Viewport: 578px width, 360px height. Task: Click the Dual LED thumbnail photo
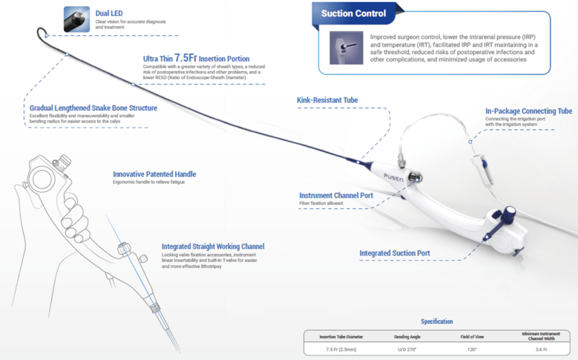(x=77, y=19)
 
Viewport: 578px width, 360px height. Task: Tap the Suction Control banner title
(x=353, y=13)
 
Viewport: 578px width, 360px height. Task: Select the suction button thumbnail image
(x=346, y=48)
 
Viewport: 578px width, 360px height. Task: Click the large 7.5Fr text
(x=186, y=58)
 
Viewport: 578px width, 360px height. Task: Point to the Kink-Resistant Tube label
(x=327, y=100)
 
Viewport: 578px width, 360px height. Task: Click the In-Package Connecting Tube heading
(x=529, y=111)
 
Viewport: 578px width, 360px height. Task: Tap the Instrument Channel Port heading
(x=336, y=195)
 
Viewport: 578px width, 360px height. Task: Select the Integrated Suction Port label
(x=394, y=253)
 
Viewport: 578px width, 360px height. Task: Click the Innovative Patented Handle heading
(x=154, y=174)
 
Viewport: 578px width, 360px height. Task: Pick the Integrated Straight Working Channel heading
(x=213, y=246)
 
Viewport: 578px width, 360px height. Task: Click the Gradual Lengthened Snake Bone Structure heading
(x=93, y=108)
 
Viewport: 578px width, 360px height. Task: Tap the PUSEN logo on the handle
(x=394, y=178)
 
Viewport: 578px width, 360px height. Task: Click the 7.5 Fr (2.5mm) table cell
(x=341, y=349)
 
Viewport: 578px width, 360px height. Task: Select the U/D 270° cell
(x=407, y=349)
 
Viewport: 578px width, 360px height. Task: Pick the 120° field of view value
(x=472, y=349)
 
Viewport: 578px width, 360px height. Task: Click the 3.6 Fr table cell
(x=541, y=349)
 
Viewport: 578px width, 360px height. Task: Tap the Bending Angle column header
(x=407, y=337)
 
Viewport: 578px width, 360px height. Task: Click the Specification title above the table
(x=437, y=321)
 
